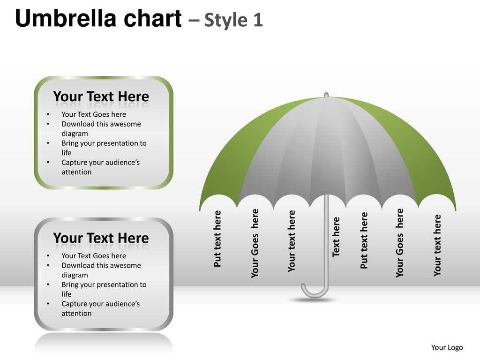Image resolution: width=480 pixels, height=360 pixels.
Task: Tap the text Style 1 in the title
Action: (233, 20)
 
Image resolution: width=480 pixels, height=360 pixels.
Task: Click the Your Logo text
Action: (447, 347)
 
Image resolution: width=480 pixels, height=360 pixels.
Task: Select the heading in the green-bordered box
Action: (101, 97)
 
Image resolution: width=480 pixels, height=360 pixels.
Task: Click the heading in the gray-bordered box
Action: (101, 238)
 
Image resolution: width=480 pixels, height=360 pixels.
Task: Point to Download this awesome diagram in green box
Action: (101, 128)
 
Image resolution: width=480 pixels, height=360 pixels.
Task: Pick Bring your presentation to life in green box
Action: (104, 148)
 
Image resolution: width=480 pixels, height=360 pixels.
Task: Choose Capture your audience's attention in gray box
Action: (100, 308)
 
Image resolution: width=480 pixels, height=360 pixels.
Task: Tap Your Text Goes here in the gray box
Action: (93, 256)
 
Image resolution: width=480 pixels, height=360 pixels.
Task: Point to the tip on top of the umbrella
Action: (326, 95)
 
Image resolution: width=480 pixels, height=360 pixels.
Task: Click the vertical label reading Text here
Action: (336, 237)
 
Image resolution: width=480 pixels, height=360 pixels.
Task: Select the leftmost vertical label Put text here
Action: (217, 239)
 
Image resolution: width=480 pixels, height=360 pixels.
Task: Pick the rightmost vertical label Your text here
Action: (437, 245)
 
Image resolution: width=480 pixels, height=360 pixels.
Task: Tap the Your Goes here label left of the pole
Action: (255, 243)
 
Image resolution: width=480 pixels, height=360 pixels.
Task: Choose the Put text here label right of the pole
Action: (364, 240)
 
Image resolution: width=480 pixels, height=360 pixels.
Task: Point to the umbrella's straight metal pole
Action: (327, 244)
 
